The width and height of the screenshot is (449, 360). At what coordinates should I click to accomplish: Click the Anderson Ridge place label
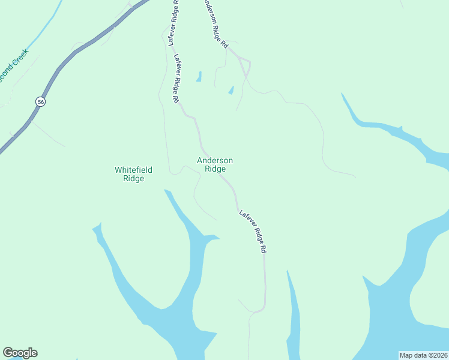(215, 164)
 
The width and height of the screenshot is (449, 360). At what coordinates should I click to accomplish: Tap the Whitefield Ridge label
(130, 174)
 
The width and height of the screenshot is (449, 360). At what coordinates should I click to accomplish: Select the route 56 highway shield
(40, 101)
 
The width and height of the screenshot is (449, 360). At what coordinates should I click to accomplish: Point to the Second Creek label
(13, 70)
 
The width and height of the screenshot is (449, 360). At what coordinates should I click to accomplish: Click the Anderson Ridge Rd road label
(216, 24)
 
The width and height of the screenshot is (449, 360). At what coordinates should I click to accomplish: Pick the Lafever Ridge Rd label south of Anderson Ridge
(253, 231)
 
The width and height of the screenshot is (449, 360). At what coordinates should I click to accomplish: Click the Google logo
(20, 353)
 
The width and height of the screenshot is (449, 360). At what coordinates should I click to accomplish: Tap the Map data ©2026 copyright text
(424, 355)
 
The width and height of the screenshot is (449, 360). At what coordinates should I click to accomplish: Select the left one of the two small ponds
(199, 77)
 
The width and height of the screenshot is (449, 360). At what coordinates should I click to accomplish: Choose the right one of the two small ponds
(231, 90)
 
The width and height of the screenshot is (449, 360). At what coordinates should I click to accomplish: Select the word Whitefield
(130, 170)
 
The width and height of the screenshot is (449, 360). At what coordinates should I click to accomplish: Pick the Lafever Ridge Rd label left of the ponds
(178, 79)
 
